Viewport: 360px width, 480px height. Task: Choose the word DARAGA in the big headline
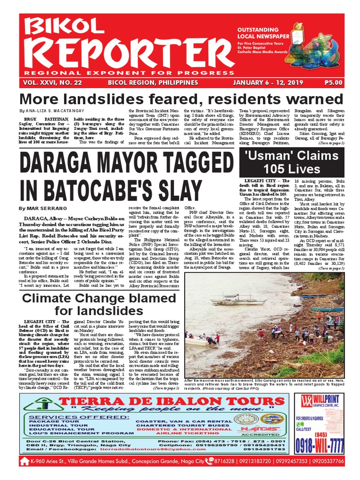coord(57,164)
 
